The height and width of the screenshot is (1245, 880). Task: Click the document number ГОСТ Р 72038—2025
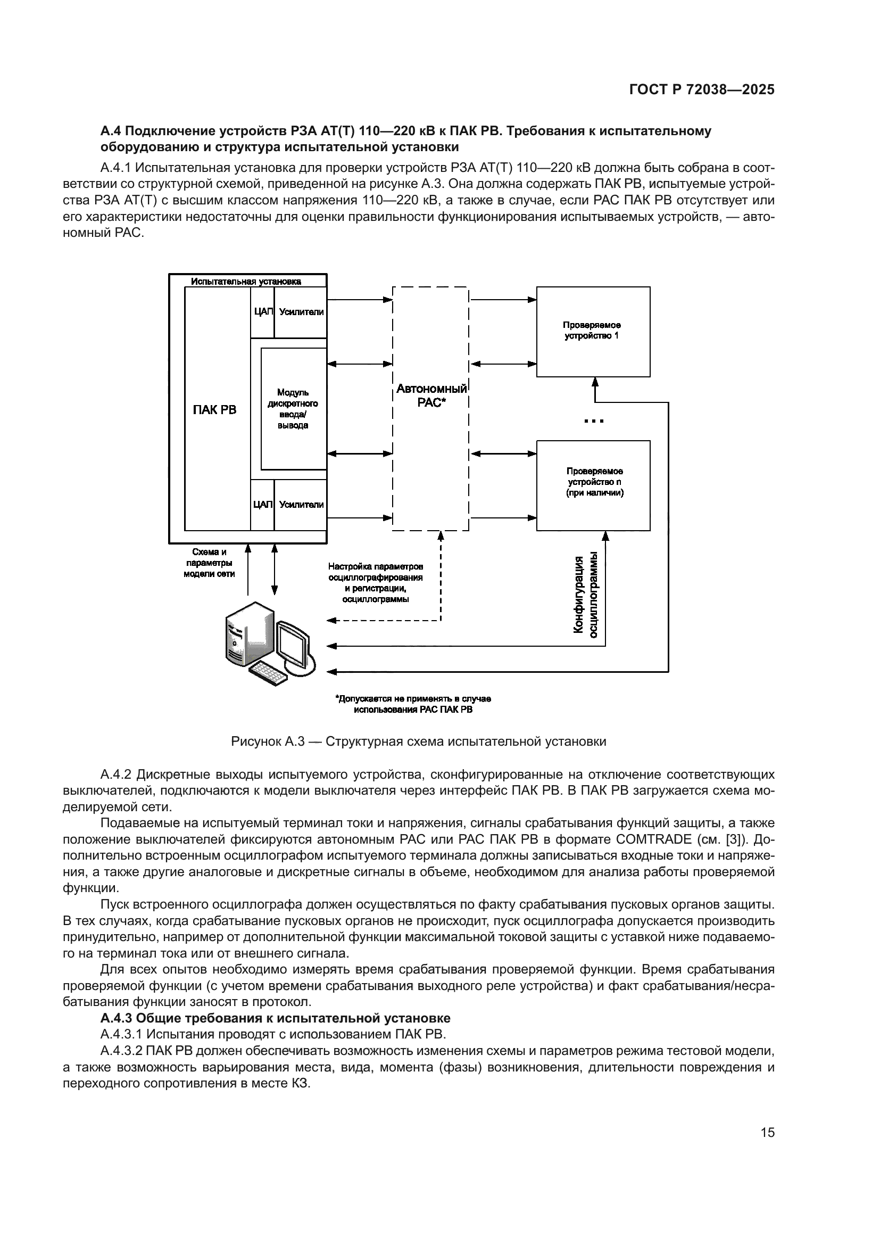tap(702, 90)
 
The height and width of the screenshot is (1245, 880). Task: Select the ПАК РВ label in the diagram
tap(214, 409)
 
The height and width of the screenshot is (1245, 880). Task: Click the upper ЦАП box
tap(263, 312)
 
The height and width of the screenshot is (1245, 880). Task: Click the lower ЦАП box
tap(263, 504)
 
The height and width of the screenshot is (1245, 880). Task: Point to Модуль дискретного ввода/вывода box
tap(293, 408)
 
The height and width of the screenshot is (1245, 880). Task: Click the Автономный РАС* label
tap(431, 395)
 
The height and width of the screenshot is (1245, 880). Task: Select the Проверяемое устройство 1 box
tap(593, 331)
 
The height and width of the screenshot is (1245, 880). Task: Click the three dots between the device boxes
tap(594, 421)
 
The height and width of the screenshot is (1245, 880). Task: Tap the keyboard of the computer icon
tap(268, 673)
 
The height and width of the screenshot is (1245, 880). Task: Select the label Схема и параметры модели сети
tap(209, 563)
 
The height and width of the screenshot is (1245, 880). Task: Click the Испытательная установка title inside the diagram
tap(246, 282)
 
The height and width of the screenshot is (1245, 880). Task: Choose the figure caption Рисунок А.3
tap(418, 741)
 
